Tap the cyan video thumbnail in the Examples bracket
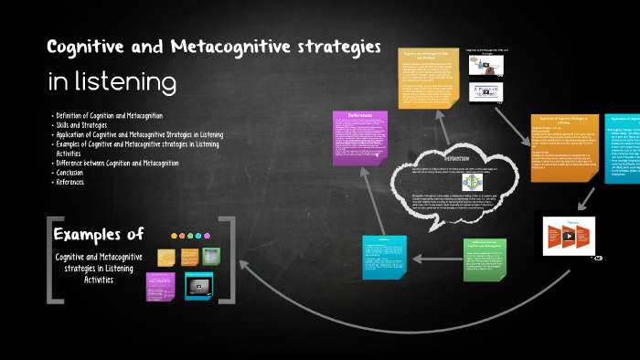[x=199, y=286]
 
